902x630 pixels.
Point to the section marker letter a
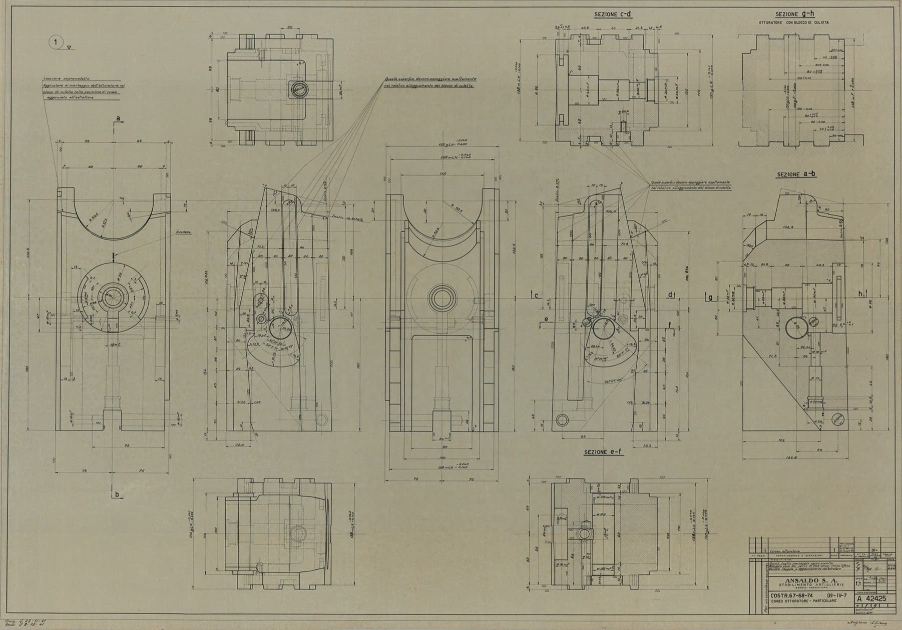118,118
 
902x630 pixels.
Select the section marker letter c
536,295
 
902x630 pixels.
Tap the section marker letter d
670,294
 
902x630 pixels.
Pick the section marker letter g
710,298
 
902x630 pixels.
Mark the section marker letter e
546,318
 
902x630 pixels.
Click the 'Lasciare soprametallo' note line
62,79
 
